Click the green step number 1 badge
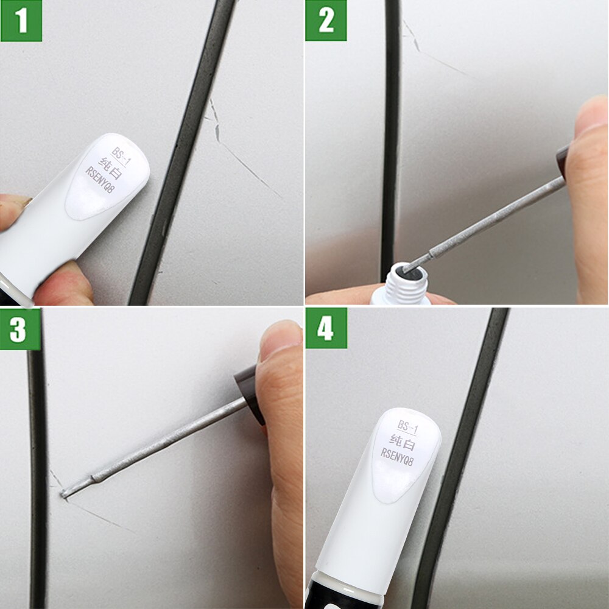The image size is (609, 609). pos(21,21)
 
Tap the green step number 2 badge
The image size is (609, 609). pos(326,21)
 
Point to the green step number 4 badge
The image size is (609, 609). pos(326,328)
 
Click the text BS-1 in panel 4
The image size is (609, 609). pos(407,425)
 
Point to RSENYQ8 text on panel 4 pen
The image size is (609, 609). pos(397,452)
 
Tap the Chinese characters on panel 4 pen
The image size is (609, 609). pos(403,439)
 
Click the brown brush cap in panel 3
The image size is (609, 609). pos(250,390)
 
